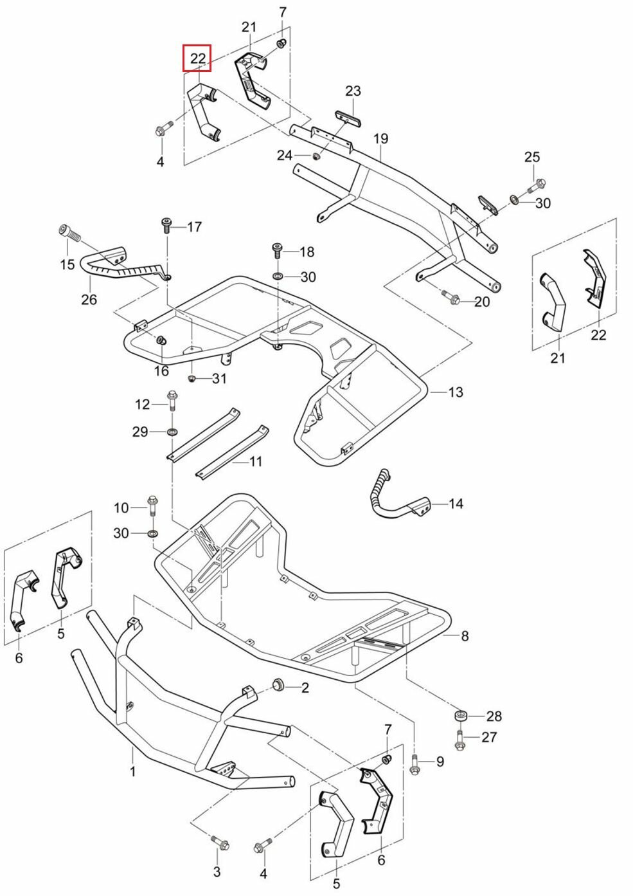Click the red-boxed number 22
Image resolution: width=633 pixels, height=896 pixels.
click(197, 59)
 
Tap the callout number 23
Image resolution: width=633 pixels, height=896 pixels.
click(353, 91)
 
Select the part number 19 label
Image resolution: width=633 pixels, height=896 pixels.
click(380, 138)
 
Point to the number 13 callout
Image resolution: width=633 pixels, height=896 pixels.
click(455, 392)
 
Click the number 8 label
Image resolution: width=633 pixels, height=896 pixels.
click(465, 636)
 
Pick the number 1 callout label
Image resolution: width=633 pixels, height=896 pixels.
click(133, 771)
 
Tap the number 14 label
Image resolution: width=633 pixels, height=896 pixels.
click(455, 503)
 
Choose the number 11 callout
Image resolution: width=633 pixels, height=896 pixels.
click(256, 461)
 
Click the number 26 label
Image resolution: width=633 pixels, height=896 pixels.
click(89, 299)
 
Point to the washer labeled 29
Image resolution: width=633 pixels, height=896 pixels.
click(172, 431)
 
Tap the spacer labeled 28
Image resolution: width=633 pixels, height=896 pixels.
click(460, 716)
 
